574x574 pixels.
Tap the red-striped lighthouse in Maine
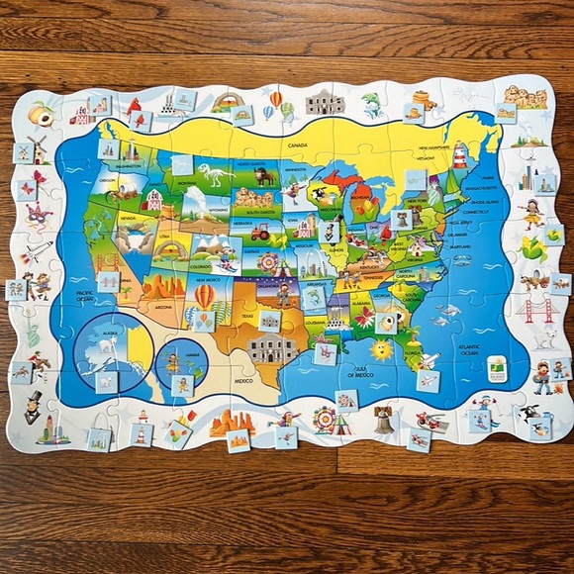point(460,153)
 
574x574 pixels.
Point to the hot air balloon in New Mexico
point(204,296)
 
